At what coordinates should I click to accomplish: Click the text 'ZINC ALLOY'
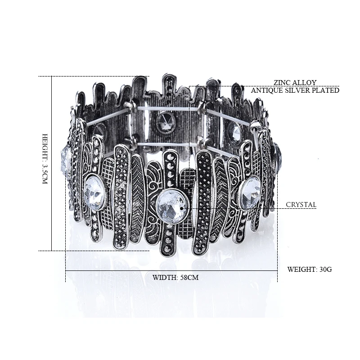tap(295, 82)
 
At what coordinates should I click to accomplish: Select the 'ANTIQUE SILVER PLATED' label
tap(295, 90)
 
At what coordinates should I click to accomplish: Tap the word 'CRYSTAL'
tap(301, 205)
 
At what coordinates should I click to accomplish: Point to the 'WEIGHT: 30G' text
tap(310, 269)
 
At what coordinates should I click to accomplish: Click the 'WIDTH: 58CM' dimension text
tap(175, 277)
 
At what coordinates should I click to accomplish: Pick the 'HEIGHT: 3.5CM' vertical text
tap(45, 159)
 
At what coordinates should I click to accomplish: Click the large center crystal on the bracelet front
tap(172, 207)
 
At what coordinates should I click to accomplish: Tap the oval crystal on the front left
tap(94, 193)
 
